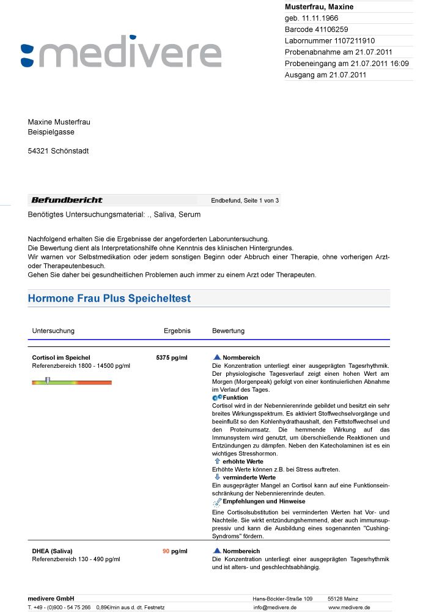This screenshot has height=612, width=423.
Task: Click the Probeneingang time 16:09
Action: tap(399, 64)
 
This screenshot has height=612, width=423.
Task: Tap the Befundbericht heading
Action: tap(67, 200)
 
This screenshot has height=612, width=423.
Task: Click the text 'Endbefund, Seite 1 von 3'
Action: tap(245, 200)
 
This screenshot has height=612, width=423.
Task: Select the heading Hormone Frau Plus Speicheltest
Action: tap(109, 299)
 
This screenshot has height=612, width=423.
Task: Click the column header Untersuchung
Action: tap(53, 330)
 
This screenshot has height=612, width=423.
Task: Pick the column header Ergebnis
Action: tap(177, 330)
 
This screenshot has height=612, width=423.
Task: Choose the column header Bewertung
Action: tap(228, 330)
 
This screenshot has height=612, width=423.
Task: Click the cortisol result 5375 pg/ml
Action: tap(172, 357)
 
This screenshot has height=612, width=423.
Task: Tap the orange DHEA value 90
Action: tap(166, 551)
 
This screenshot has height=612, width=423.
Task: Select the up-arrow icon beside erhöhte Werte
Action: tap(217, 461)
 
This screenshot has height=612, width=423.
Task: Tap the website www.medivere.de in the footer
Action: tap(349, 607)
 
